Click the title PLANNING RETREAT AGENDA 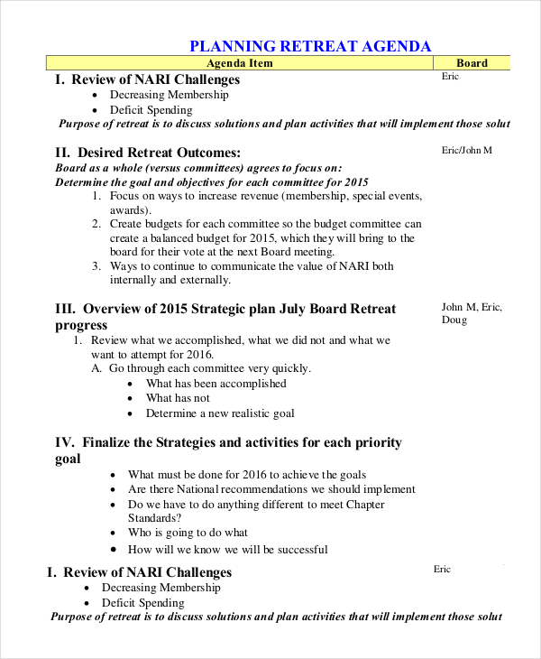tap(310, 46)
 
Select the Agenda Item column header tap(239, 63)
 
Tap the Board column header tap(472, 63)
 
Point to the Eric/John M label tap(467, 150)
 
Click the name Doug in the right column tap(454, 320)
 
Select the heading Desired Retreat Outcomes tap(160, 153)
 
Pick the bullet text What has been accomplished tap(216, 384)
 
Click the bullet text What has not tap(178, 398)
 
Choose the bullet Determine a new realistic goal tap(220, 413)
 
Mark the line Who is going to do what tap(188, 533)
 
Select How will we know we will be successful tap(227, 549)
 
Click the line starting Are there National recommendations tap(271, 489)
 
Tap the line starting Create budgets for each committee tap(265, 224)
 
